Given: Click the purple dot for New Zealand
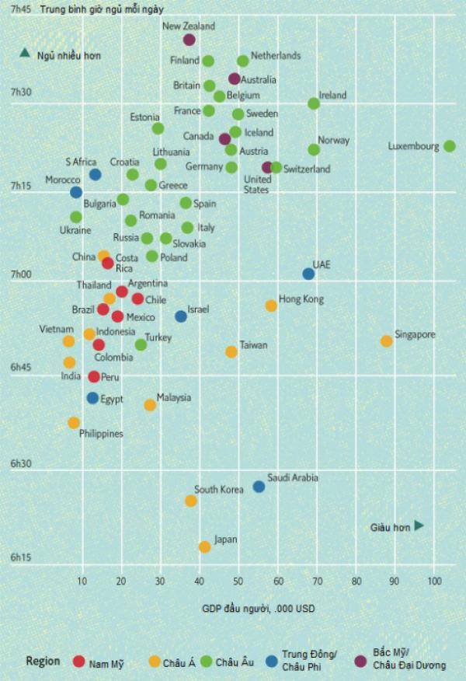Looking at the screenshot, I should pyautogui.click(x=190, y=40).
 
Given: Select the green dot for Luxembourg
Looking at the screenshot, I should pyautogui.click(x=450, y=146).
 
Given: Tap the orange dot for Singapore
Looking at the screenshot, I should pyautogui.click(x=387, y=341).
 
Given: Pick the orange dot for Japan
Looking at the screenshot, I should pyautogui.click(x=205, y=547).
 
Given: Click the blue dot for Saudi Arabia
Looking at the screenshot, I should pyautogui.click(x=259, y=487).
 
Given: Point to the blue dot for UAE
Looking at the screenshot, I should pyautogui.click(x=308, y=274).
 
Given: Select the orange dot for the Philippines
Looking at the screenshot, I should pyautogui.click(x=74, y=423).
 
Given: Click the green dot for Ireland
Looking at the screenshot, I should pyautogui.click(x=314, y=103).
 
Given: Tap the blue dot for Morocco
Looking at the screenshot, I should pyautogui.click(x=76, y=192).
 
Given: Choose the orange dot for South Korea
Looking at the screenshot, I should pyautogui.click(x=191, y=501).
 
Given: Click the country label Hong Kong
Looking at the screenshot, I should pyautogui.click(x=301, y=299).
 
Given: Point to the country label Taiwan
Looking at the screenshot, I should pyautogui.click(x=253, y=344).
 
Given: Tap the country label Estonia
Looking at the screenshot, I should pyautogui.click(x=144, y=117).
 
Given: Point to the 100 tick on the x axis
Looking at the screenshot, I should pyautogui.click(x=434, y=581).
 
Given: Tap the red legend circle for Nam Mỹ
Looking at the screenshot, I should pyautogui.click(x=79, y=662).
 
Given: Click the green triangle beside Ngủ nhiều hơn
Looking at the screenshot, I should pyautogui.click(x=25, y=54).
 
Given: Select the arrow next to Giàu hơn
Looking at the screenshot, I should pyautogui.click(x=419, y=526).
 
